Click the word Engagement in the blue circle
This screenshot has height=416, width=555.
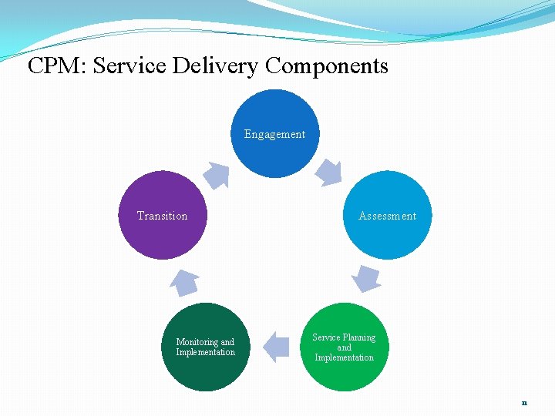coord(274,134)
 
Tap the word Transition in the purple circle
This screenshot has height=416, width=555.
coord(162,216)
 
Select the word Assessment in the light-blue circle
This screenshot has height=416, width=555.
coord(387,216)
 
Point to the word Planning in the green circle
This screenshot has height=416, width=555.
coord(358,337)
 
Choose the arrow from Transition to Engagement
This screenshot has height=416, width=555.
coord(217,175)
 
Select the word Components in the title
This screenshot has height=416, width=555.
coord(327,66)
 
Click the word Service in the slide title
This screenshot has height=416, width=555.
coord(130,66)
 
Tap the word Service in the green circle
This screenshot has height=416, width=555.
coord(326,337)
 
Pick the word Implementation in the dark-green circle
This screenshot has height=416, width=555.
coord(205,352)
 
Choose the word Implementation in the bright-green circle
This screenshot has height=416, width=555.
coord(344,357)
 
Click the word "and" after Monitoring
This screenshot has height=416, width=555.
coord(227,342)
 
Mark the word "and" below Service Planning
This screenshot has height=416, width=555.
coord(344,347)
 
